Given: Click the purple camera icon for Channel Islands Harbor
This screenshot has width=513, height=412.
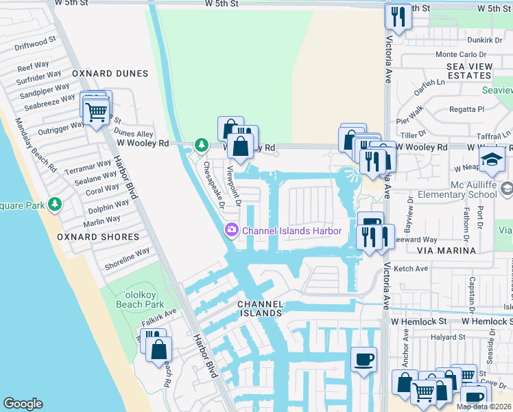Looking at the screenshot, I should coord(232,231).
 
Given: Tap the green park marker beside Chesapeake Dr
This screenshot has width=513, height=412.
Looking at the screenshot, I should coord(201,145).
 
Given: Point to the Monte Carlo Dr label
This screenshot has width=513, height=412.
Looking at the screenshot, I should coord(461,54).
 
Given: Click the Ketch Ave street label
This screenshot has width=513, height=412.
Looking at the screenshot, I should coord(412,269).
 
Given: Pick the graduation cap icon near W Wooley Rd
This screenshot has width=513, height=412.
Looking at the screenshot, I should coord(492,159).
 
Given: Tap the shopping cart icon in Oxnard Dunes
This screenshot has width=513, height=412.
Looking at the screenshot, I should coord(97,111).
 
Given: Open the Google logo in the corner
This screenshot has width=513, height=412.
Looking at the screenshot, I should coord(23,404).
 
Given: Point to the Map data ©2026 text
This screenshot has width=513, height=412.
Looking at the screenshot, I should coord(484,407).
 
